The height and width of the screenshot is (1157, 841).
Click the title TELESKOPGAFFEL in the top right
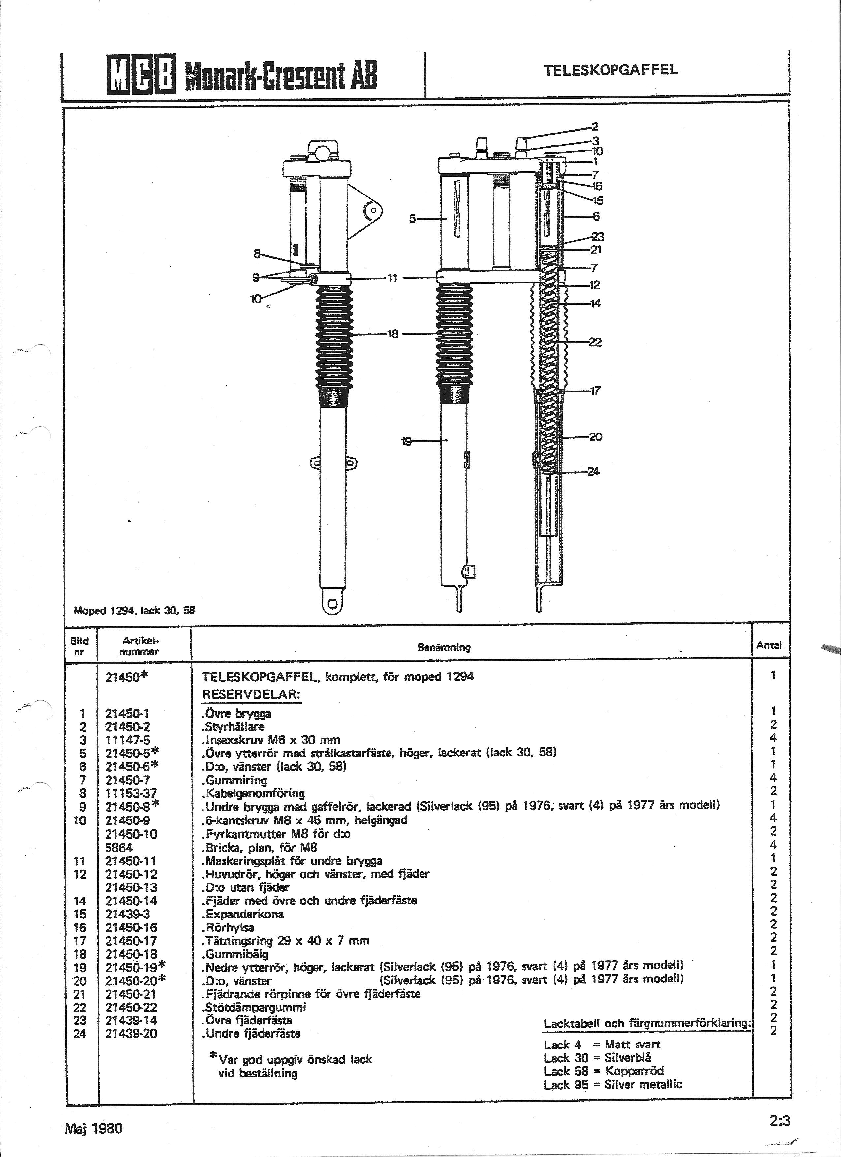coord(611,70)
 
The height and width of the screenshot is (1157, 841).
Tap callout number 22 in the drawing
coord(595,342)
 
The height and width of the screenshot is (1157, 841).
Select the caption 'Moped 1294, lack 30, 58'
coord(135,610)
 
